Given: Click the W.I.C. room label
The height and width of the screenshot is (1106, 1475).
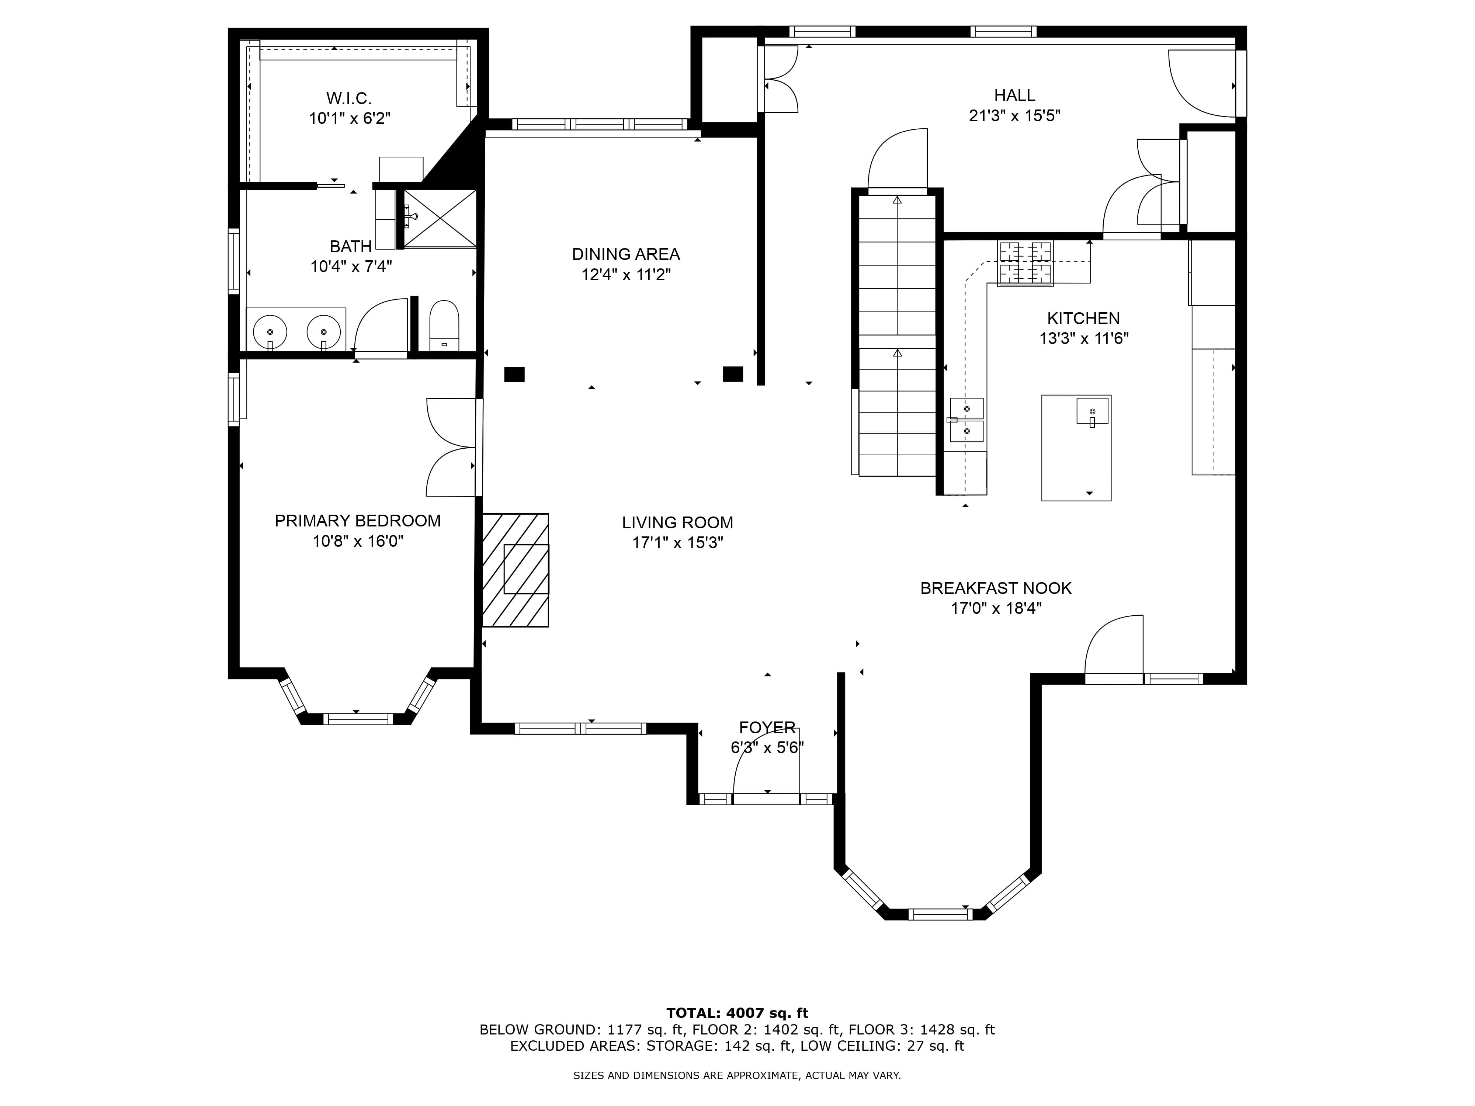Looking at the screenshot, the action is coord(349,99).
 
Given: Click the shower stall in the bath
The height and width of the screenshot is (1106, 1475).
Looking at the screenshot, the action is coord(440,219).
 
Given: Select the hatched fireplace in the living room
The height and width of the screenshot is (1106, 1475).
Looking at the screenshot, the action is coord(516,570).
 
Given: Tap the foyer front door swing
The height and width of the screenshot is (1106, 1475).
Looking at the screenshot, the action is coord(766,759).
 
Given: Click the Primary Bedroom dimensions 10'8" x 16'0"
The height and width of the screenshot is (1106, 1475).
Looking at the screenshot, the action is coord(358,541).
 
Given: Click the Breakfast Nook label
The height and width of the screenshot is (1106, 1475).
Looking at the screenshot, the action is coord(996,588).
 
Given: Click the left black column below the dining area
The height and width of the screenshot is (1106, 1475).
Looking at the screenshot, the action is coord(514,375).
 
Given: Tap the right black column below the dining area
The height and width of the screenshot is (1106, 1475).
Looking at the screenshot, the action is coord(733,374).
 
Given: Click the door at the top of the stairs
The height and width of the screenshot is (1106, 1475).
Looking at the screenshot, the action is coord(898,160).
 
